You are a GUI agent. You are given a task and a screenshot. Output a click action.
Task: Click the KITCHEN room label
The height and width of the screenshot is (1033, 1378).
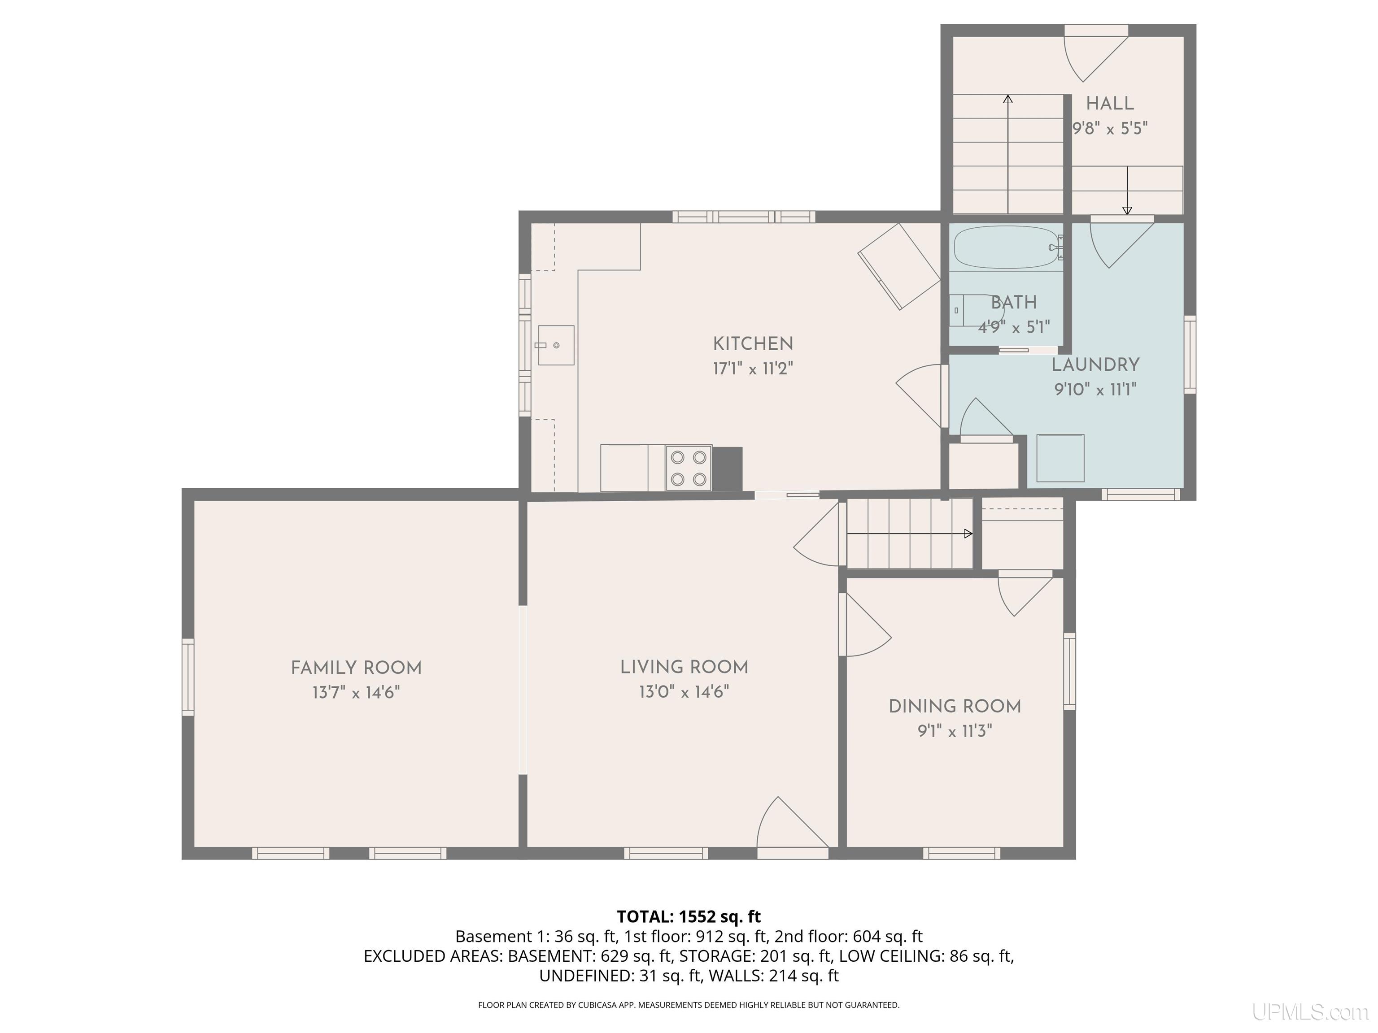point(753,344)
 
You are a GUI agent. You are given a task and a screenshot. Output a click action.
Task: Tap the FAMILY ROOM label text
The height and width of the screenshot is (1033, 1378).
point(356,668)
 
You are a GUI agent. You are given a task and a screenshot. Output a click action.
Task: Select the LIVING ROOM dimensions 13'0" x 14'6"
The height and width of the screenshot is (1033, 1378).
point(684,692)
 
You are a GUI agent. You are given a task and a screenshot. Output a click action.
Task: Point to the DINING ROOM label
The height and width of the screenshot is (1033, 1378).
point(955,707)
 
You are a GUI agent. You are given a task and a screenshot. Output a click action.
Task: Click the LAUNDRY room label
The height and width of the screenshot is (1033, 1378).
point(1096,365)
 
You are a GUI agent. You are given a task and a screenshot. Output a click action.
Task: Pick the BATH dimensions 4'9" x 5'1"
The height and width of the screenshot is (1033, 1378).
point(1014,327)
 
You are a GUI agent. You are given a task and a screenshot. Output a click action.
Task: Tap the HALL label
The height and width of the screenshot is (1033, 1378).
point(1110,104)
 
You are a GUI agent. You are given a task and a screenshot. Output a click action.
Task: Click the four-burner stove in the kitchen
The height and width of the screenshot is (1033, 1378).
point(689,468)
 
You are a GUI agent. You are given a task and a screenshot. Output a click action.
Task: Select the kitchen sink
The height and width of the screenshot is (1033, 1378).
point(556,345)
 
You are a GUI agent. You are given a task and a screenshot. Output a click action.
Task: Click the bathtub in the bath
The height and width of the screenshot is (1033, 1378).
point(1007,247)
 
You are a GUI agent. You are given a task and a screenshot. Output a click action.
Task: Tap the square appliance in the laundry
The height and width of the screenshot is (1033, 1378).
point(1060,458)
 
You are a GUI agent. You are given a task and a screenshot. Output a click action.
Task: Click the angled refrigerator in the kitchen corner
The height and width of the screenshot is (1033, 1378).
point(899,266)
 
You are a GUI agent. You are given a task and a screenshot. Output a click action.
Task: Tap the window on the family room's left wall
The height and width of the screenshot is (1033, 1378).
point(188,677)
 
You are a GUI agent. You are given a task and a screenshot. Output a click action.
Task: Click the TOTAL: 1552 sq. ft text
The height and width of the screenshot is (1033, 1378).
point(689,916)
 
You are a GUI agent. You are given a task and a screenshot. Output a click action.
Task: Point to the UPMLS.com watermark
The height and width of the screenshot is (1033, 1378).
point(1310,1012)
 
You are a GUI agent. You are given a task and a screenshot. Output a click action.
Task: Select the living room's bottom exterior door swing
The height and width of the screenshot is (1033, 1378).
point(793,823)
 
